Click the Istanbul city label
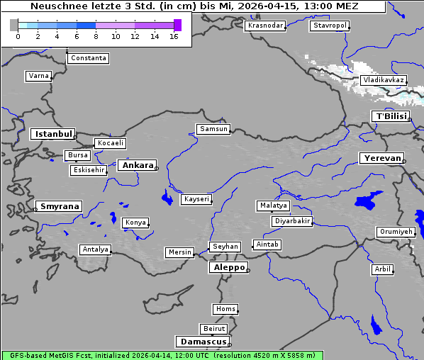52,133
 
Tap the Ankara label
137,165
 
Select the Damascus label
202,342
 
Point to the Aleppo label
228,267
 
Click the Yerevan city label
381,158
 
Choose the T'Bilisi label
391,116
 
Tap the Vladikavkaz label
383,80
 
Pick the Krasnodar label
265,26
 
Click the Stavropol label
330,26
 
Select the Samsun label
213,129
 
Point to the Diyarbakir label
291,221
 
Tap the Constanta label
89,58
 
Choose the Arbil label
382,269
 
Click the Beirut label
213,329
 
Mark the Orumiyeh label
395,232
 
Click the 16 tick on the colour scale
174,36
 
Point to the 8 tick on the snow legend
96,36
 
